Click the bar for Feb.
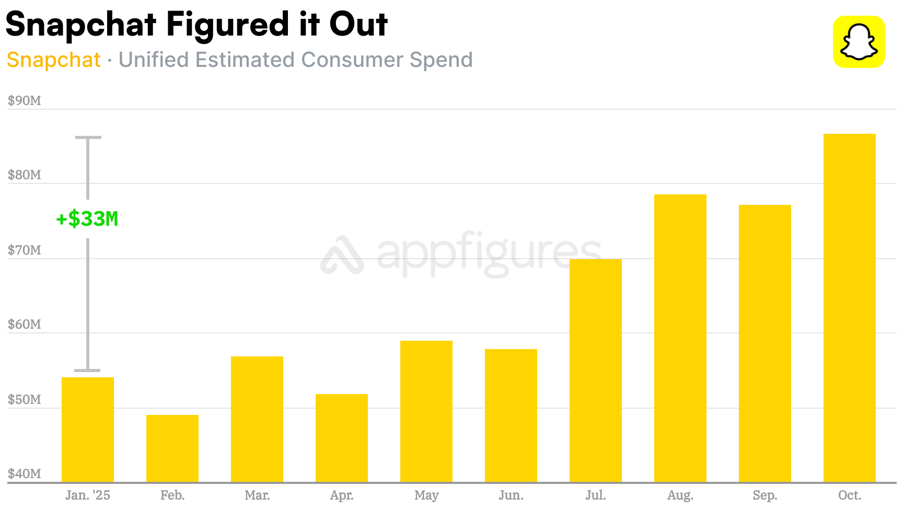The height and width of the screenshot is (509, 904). pyautogui.click(x=172, y=448)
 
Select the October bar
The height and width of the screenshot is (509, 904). pyautogui.click(x=849, y=308)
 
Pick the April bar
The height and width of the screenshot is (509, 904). pyautogui.click(x=342, y=438)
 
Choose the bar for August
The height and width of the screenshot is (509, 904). pyautogui.click(x=680, y=338)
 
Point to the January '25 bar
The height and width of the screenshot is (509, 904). pyautogui.click(x=88, y=430)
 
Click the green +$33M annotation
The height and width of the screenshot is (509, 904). pyautogui.click(x=87, y=219)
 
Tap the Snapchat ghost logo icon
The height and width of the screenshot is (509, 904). pyautogui.click(x=859, y=42)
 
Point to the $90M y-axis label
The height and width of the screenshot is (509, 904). pyautogui.click(x=24, y=100)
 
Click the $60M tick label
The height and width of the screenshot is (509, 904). pyautogui.click(x=24, y=325)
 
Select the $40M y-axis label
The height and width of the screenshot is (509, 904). pyautogui.click(x=24, y=473)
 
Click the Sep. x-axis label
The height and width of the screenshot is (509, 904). pyautogui.click(x=764, y=495)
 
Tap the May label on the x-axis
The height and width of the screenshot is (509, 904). pyautogui.click(x=426, y=495)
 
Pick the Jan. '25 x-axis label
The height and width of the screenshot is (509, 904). pyautogui.click(x=88, y=495)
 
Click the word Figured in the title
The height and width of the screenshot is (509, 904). pyautogui.click(x=227, y=25)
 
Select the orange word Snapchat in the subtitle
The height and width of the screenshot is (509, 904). pyautogui.click(x=53, y=60)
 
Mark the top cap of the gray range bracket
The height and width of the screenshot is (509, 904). pyautogui.click(x=88, y=137)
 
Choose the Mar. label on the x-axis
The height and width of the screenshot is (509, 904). pyautogui.click(x=257, y=495)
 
